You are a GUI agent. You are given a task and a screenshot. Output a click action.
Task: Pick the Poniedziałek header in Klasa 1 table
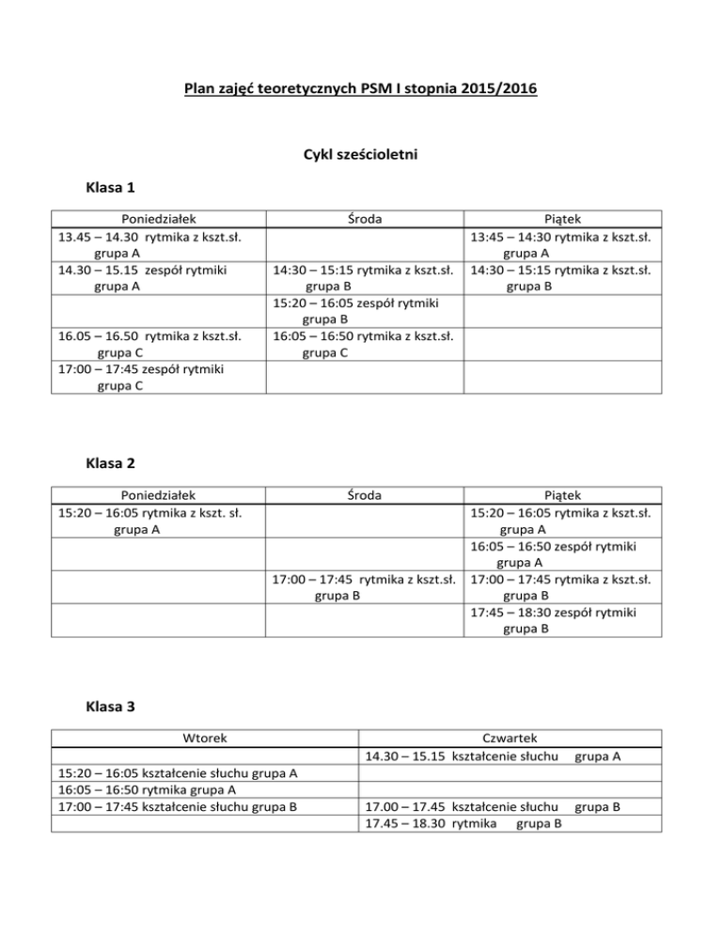pos(155,219)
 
